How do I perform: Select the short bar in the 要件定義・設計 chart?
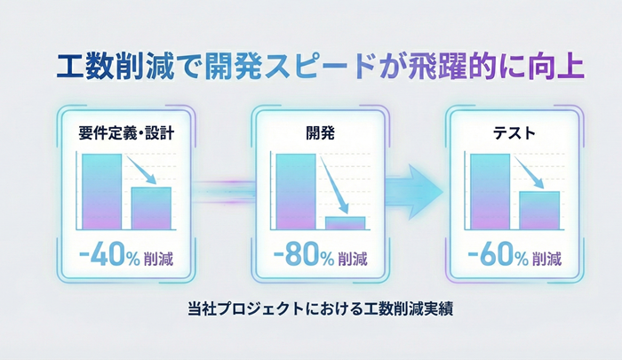pyautogui.click(x=151, y=208)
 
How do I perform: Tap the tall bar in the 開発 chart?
pyautogui.click(x=295, y=191)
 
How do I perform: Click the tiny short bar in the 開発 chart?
pyautogui.click(x=345, y=223)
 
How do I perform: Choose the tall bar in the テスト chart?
pyautogui.click(x=490, y=191)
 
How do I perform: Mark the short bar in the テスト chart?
pyautogui.click(x=539, y=211)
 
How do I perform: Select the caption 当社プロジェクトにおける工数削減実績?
pyautogui.click(x=310, y=312)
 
